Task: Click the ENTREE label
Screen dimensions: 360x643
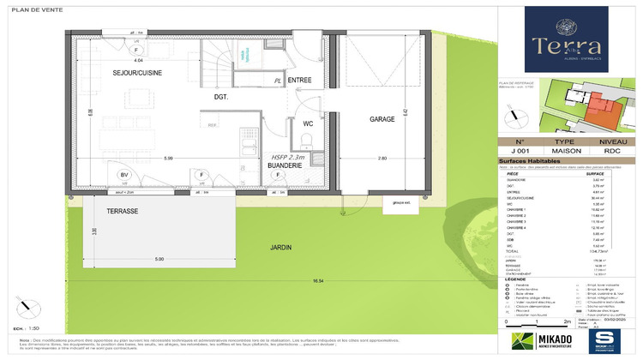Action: click(299, 80)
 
